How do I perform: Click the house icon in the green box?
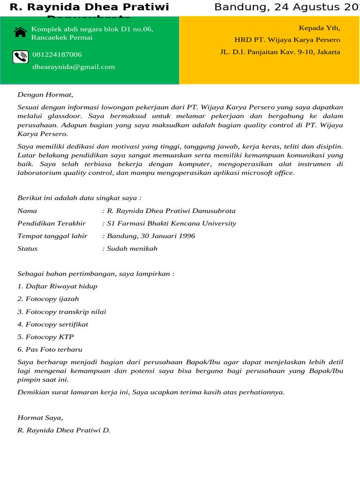[x=20, y=32]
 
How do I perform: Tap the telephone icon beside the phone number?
[x=20, y=57]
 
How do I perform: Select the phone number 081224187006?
[x=57, y=55]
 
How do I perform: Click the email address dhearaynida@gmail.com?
[x=74, y=67]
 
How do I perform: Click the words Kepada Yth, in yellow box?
[x=319, y=28]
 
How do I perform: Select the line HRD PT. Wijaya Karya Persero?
[x=287, y=40]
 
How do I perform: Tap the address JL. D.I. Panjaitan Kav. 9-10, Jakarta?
[x=280, y=52]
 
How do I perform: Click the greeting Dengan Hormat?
[x=45, y=94]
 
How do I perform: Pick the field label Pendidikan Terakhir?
[x=52, y=224]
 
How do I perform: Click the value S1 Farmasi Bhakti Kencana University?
[x=169, y=224]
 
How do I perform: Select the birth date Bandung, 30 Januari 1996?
[x=149, y=236]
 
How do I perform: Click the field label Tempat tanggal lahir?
[x=52, y=236]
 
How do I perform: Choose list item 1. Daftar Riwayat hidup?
[x=57, y=286]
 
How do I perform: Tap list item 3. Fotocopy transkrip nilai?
[x=62, y=312]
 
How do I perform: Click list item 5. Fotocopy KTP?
[x=45, y=337]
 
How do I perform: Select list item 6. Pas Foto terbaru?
[x=50, y=350]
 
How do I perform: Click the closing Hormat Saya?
[x=40, y=418]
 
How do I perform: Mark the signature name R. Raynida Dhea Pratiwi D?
[x=64, y=430]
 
